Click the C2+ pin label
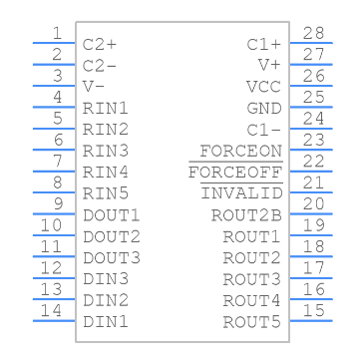point(100,45)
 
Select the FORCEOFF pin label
point(235,173)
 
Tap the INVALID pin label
point(241,193)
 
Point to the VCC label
point(263,87)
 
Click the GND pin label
point(264,109)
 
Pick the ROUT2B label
point(246,215)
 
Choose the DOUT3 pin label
point(112,258)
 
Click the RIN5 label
point(106,193)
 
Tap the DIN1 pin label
point(106,322)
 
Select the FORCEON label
point(241,152)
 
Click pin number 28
point(313,33)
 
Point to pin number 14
point(51,311)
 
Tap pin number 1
point(57,33)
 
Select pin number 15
point(313,311)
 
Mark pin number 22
point(313,162)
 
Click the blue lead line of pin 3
point(54,86)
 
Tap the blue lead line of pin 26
point(311,86)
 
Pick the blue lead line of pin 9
point(54,213)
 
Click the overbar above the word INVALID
point(241,182)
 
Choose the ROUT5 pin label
point(251,322)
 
